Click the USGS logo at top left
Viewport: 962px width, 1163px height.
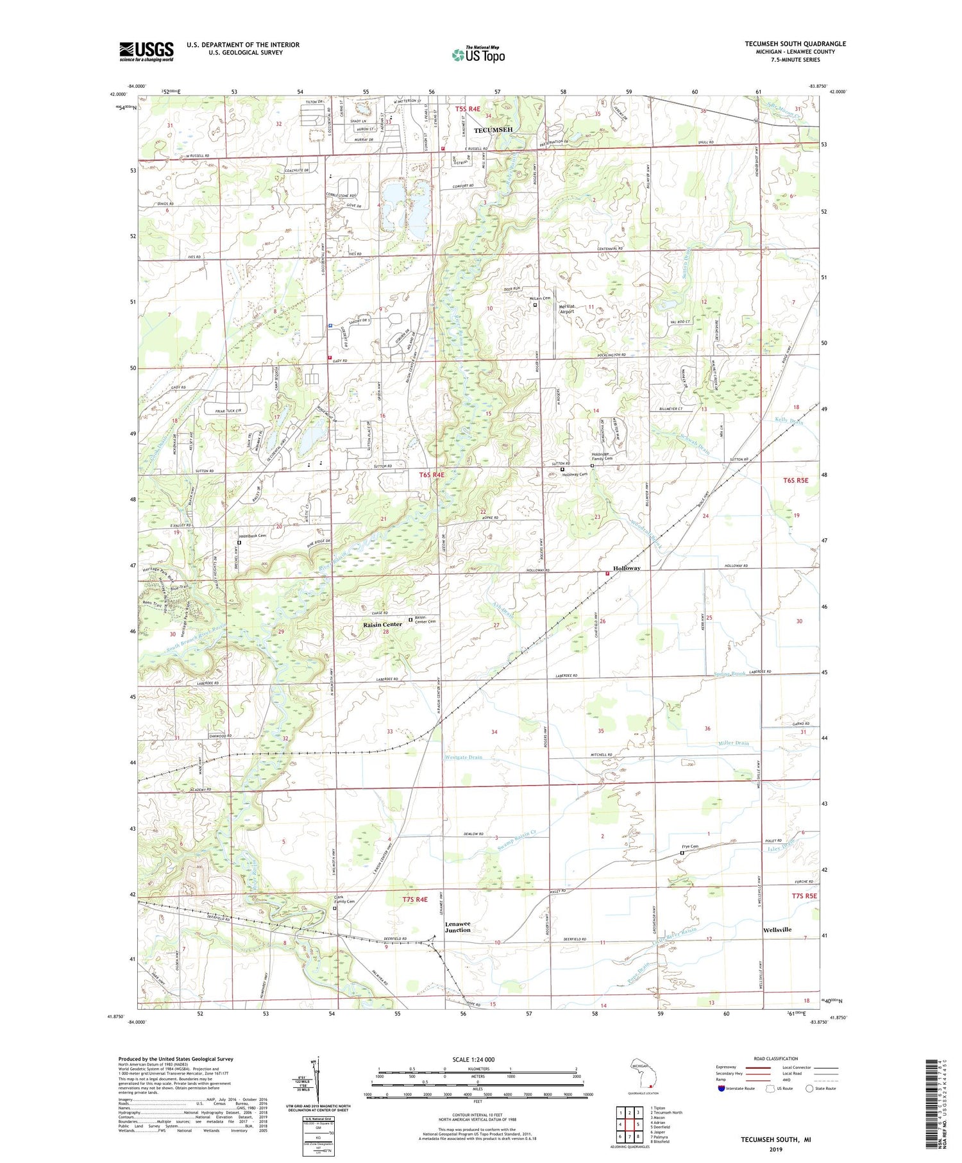pyautogui.click(x=146, y=51)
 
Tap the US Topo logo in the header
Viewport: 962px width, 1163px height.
pyautogui.click(x=478, y=55)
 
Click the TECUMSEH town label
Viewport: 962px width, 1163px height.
pyautogui.click(x=493, y=130)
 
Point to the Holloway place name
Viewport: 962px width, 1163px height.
pyautogui.click(x=627, y=568)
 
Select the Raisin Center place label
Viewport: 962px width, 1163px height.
pyautogui.click(x=382, y=624)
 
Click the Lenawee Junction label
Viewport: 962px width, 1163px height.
pyautogui.click(x=458, y=927)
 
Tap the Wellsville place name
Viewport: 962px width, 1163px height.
pyautogui.click(x=777, y=930)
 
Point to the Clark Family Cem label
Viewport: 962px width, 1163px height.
pyautogui.click(x=344, y=899)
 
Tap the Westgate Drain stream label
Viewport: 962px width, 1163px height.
pyautogui.click(x=463, y=757)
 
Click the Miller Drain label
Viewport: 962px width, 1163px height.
pyautogui.click(x=733, y=743)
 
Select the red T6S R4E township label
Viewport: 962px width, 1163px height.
pyautogui.click(x=432, y=475)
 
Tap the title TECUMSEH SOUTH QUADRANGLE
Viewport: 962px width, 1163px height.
pyautogui.click(x=795, y=44)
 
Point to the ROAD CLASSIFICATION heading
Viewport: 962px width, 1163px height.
pyautogui.click(x=775, y=1058)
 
